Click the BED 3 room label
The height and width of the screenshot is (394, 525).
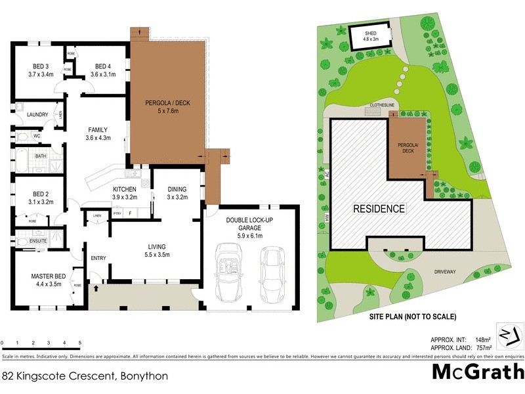pos(31,66)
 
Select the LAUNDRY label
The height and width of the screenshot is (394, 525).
pos(37,115)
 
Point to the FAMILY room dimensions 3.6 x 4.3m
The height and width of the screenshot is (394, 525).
pos(97,138)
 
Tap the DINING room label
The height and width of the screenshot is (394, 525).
pos(177,189)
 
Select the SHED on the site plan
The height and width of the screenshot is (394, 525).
pos(371,35)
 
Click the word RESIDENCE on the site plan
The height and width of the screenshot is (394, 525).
pos(379,209)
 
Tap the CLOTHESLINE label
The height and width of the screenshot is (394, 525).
pos(383,104)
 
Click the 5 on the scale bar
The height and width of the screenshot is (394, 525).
pos(79,343)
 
